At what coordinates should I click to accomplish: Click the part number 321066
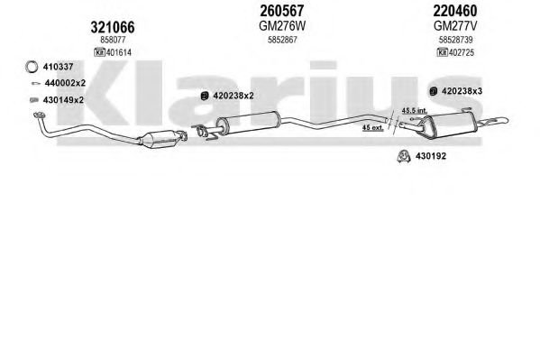pos(113,27)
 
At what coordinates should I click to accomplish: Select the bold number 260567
pos(282,11)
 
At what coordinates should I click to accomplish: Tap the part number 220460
pos(455,11)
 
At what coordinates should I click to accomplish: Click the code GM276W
pos(282,26)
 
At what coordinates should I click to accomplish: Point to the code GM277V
pos(455,26)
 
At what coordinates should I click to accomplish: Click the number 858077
pos(113,40)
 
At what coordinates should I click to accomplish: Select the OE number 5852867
pos(282,40)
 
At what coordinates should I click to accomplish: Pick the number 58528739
pos(455,40)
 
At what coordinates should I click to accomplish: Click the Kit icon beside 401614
pos(99,52)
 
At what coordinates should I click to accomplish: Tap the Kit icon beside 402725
pos(443,52)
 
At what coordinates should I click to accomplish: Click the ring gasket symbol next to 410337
pos(32,67)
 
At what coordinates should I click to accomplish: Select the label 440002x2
pos(65,83)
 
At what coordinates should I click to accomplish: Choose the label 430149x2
pos(63,100)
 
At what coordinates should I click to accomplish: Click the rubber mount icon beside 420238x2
pos(205,96)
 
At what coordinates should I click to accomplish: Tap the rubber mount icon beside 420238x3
pos(434,91)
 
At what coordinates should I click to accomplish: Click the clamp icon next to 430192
pos(404,156)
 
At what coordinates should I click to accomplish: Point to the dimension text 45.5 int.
pos(415,111)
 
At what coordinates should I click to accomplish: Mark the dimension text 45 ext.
pos(372,128)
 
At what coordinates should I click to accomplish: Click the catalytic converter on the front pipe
pos(159,139)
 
